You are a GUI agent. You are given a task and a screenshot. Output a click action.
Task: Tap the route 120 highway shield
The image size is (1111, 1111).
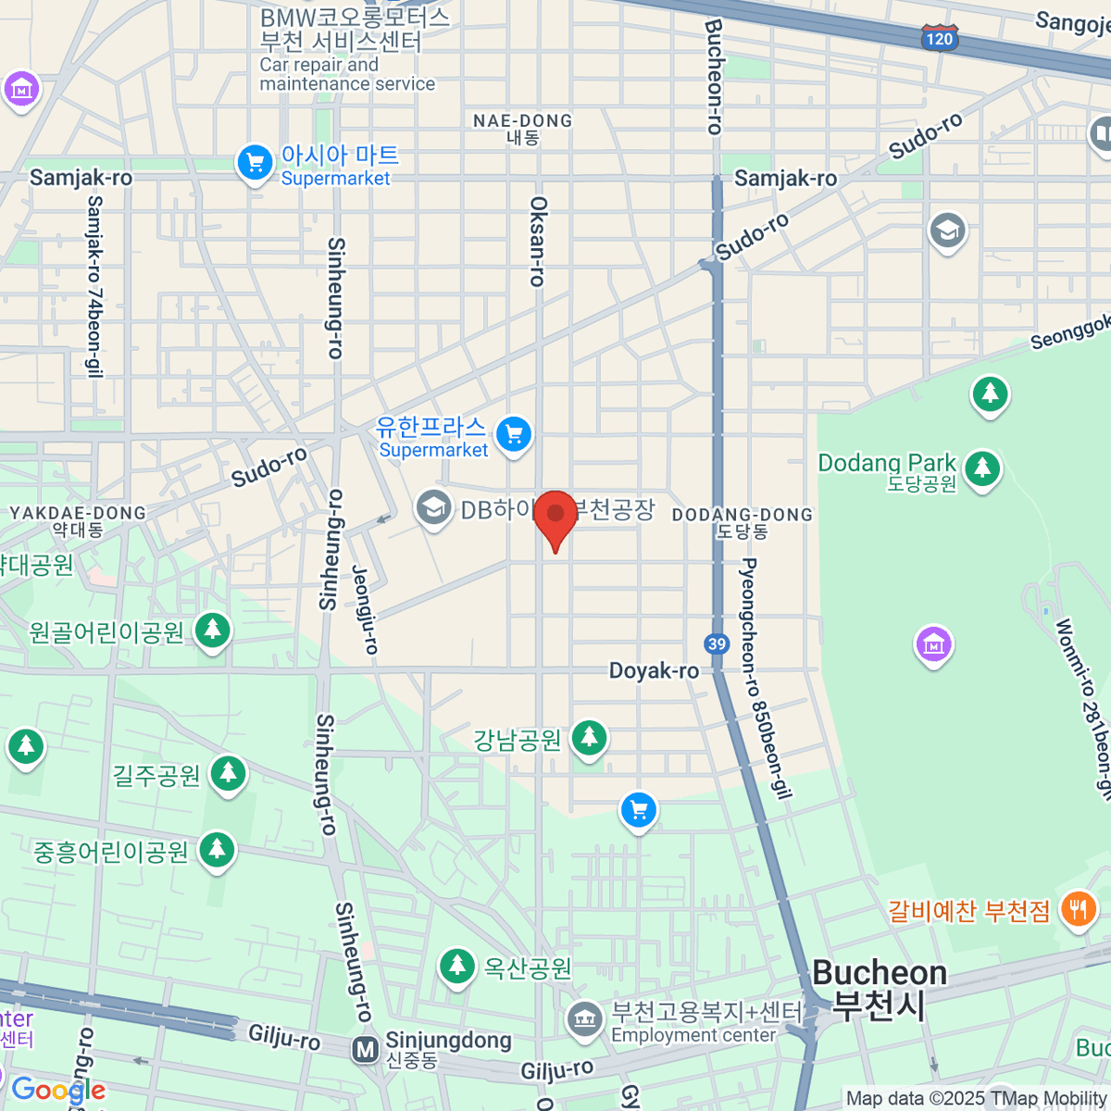939,38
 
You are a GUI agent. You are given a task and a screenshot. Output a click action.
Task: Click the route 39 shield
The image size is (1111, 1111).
717,644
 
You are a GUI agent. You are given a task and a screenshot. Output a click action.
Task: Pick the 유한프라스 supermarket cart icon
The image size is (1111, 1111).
514,434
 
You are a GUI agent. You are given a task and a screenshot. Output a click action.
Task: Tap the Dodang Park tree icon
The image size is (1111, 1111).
981,468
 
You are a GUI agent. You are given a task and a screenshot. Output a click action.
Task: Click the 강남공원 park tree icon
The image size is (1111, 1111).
589,738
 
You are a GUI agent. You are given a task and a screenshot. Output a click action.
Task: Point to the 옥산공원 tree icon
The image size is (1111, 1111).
456,966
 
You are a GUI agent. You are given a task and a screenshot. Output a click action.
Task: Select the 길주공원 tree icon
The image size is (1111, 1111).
228,773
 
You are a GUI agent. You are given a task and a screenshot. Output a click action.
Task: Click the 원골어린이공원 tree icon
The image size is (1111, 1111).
213,630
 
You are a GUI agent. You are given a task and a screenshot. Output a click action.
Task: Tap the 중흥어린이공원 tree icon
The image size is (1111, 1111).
218,849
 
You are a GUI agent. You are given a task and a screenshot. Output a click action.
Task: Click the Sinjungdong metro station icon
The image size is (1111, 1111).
366,1050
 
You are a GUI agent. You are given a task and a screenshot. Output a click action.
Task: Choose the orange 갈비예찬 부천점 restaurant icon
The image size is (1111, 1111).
1078,908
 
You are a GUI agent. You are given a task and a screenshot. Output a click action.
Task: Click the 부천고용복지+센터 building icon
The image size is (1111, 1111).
583,1019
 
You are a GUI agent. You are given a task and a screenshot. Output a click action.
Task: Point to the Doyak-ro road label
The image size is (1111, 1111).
654,670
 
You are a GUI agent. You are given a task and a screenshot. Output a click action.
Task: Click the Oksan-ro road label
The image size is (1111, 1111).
538,241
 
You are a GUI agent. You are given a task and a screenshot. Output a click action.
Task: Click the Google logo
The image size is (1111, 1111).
58,1090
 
